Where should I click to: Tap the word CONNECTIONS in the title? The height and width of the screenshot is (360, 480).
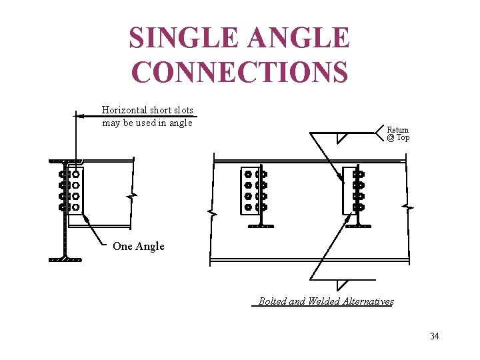coord(239,72)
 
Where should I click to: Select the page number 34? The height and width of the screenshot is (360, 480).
coord(434,336)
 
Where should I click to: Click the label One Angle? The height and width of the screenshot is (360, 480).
coord(138,247)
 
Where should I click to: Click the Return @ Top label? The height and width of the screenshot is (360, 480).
coord(398,134)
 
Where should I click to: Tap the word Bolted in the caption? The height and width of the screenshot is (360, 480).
coord(272,301)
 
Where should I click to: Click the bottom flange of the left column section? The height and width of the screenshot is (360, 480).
coord(65,259)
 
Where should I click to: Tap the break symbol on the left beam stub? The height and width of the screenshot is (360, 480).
coord(133,196)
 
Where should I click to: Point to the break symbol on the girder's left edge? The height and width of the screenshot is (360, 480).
coord(211,214)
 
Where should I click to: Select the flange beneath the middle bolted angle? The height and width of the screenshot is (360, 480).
coord(261,225)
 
